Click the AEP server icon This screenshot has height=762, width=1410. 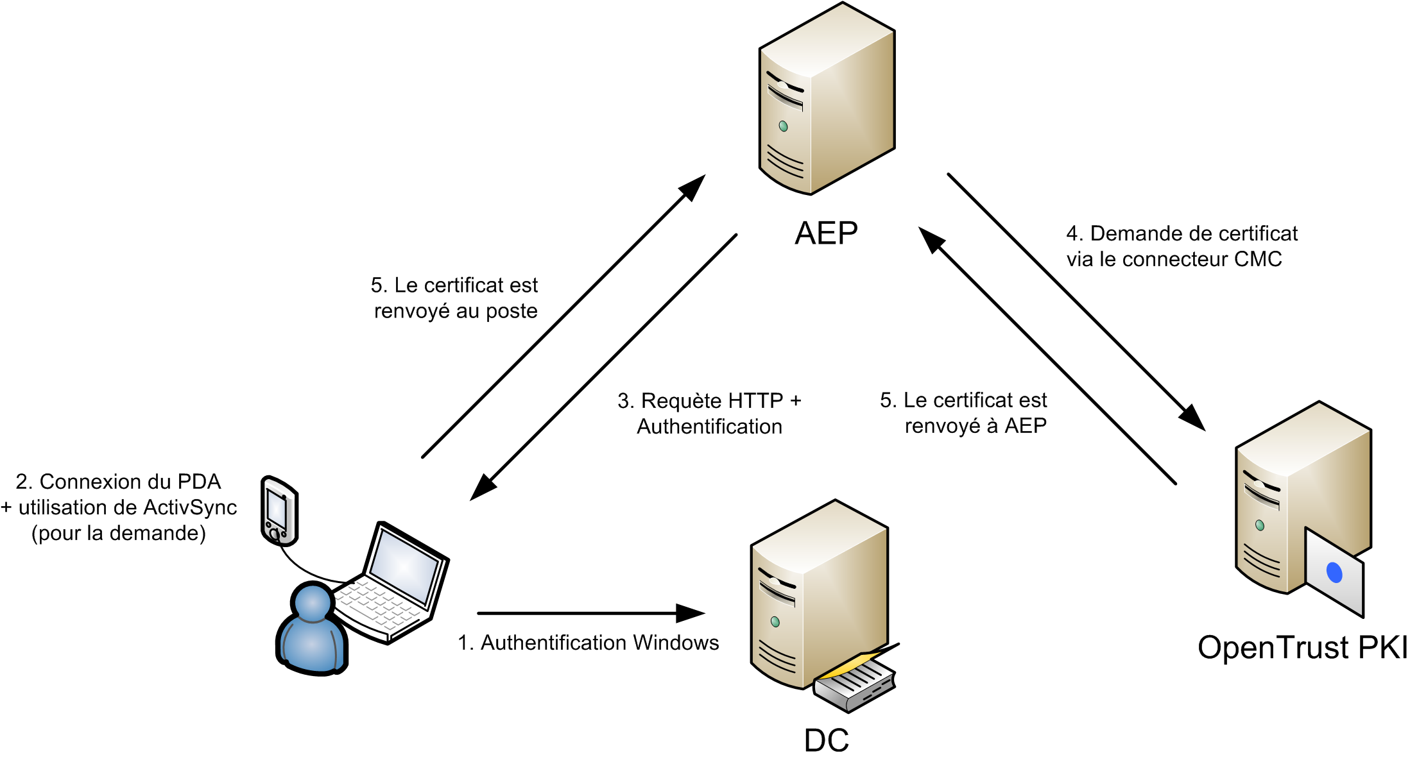tap(827, 99)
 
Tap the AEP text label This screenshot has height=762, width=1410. tap(826, 233)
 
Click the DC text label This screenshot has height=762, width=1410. tap(826, 740)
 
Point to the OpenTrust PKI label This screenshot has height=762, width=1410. tap(1302, 647)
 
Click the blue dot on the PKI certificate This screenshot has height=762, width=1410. tap(1334, 572)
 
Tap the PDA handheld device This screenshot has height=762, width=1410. tap(279, 511)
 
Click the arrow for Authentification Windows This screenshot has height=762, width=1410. tap(590, 613)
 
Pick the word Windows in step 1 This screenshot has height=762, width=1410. tap(676, 643)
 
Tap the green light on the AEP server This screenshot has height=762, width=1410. tap(783, 126)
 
